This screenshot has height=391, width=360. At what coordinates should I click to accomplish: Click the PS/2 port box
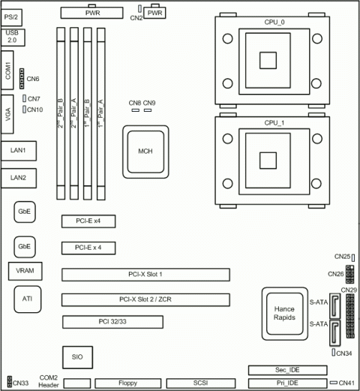coord(13,16)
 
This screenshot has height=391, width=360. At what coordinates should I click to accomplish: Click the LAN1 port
coord(19,151)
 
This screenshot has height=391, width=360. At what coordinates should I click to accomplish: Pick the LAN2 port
coord(19,177)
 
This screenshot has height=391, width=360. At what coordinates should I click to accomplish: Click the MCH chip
coord(145,152)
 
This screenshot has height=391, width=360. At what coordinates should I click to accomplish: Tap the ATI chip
coord(27,299)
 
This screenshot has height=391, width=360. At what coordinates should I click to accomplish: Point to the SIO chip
coord(76,356)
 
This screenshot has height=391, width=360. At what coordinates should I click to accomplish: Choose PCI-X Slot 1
coord(145,274)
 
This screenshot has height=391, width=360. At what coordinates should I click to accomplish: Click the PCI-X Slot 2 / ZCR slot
coord(145,300)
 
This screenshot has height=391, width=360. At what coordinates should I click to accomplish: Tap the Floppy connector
coord(128,383)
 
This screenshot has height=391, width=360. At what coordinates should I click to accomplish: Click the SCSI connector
coord(200,383)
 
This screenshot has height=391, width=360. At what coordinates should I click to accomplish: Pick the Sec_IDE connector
coord(286,369)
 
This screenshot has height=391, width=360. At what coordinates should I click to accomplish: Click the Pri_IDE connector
coord(286,383)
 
